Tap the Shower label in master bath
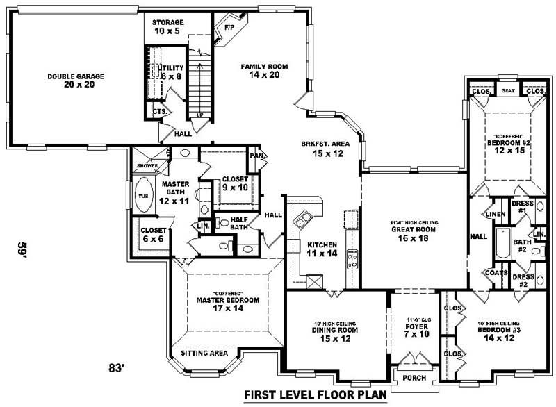147,166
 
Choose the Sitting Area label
204,354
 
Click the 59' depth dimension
23,249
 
